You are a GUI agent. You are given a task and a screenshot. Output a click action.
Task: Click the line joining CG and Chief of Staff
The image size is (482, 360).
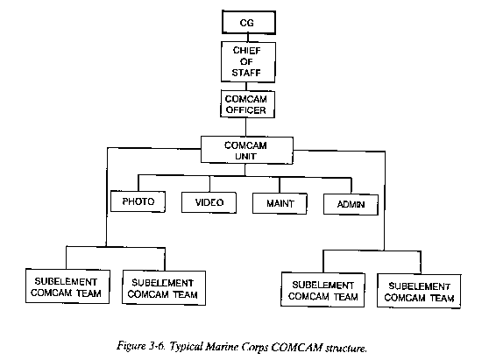click(x=248, y=38)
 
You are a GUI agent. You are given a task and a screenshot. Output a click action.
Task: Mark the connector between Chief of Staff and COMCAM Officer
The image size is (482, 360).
click(x=246, y=87)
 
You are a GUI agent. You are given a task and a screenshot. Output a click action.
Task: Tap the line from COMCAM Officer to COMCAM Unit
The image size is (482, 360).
click(x=246, y=127)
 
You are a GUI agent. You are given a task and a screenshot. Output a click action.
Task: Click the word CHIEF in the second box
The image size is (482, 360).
click(x=247, y=51)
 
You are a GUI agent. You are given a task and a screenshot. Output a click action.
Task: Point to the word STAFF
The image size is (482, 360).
click(x=246, y=73)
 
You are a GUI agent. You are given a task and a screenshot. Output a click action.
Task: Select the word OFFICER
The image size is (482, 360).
click(x=246, y=110)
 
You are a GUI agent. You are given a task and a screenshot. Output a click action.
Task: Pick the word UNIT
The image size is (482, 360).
click(x=245, y=156)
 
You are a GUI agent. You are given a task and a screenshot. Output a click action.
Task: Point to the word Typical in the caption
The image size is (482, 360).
click(x=186, y=347)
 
